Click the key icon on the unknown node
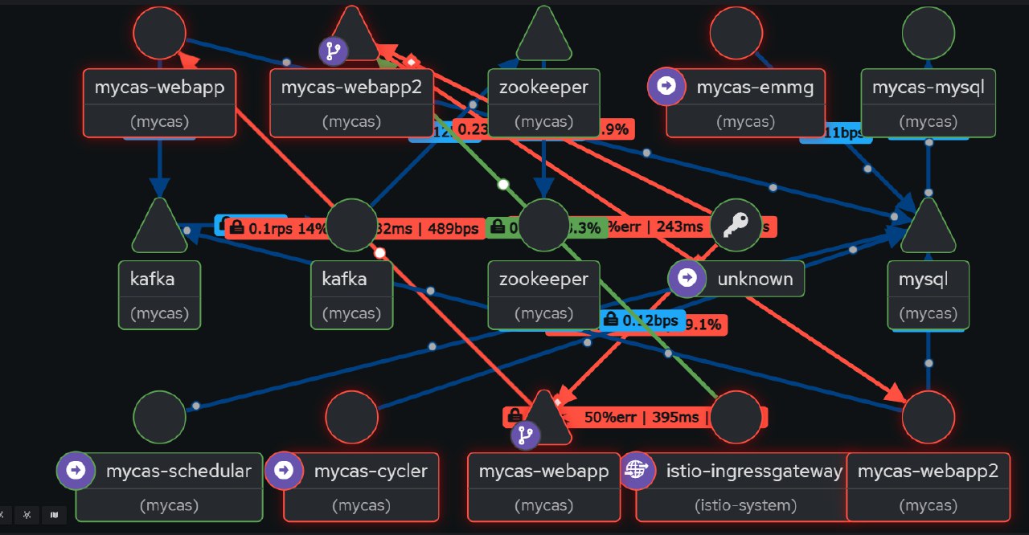736,226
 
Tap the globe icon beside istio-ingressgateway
637,470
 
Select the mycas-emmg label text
755,87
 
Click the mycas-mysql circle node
929,34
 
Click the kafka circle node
352,226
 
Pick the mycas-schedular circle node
159,417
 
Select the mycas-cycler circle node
352,417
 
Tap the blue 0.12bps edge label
643,321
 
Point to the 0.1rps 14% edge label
277,228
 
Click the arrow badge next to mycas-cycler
284,470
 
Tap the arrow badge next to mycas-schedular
76,470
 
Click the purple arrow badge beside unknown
687,278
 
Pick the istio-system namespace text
745,505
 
